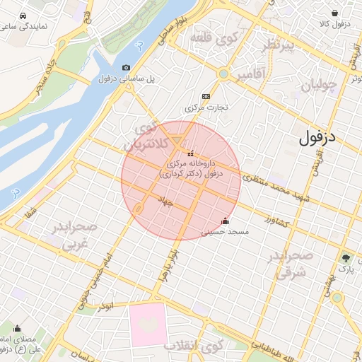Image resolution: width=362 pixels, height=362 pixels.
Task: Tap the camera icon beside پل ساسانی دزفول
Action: click(x=126, y=68)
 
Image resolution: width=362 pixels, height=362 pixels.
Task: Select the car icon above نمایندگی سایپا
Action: click(x=23, y=16)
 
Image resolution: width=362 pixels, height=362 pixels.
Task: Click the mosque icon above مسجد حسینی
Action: click(x=226, y=221)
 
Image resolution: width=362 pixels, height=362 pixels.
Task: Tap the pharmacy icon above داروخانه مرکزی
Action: click(x=190, y=153)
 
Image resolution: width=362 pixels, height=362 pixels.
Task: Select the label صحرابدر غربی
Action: click(x=73, y=236)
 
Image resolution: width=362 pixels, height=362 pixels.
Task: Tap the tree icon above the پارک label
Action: click(x=346, y=257)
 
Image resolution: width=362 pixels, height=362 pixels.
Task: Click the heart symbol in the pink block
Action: click(x=147, y=324)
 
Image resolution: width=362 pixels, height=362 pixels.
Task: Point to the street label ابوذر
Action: click(x=106, y=306)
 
